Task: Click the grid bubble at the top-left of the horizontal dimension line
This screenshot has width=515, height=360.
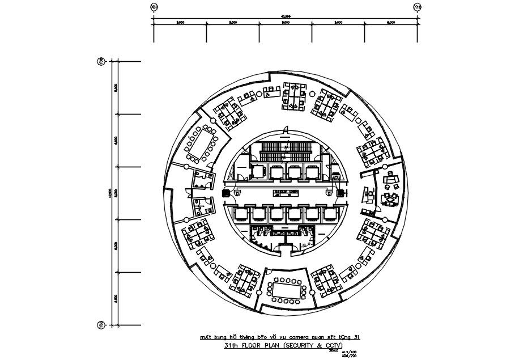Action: tap(154, 7)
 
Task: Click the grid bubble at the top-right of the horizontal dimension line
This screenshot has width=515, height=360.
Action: tap(418, 7)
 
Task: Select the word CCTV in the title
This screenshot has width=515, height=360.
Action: tap(334, 344)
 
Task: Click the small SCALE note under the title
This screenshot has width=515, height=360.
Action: tap(340, 349)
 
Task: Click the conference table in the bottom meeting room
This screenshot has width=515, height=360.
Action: tap(286, 291)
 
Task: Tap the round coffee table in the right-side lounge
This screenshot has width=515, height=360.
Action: tap(390, 199)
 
